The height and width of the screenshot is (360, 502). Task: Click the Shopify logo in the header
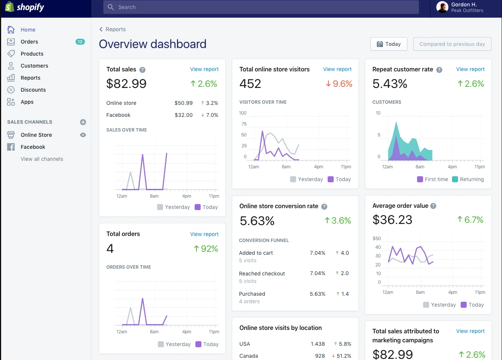(x=25, y=7)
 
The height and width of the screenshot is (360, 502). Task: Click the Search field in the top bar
(x=261, y=7)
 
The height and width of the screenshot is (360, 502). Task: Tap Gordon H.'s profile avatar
(x=442, y=7)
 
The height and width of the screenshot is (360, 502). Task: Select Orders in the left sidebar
(x=29, y=42)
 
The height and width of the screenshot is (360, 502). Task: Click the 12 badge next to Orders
(x=80, y=42)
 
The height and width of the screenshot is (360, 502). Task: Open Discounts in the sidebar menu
(x=33, y=90)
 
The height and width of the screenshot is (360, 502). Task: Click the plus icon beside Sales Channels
(x=83, y=122)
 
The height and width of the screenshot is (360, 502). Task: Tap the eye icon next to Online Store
(x=83, y=135)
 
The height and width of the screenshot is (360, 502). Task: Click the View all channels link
(x=42, y=159)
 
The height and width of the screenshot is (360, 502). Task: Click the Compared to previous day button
(x=452, y=44)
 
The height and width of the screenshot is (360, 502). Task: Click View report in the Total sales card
(x=204, y=69)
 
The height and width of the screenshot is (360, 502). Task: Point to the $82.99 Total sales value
(x=126, y=84)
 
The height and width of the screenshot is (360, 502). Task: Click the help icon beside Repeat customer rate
(x=439, y=70)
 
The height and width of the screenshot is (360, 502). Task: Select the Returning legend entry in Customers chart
(x=468, y=179)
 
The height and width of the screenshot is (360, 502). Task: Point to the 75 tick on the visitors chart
(x=244, y=124)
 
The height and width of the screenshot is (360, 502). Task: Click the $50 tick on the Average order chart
(x=376, y=239)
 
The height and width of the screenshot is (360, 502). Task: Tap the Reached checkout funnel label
(x=262, y=274)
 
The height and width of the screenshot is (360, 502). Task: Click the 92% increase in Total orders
(x=206, y=249)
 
